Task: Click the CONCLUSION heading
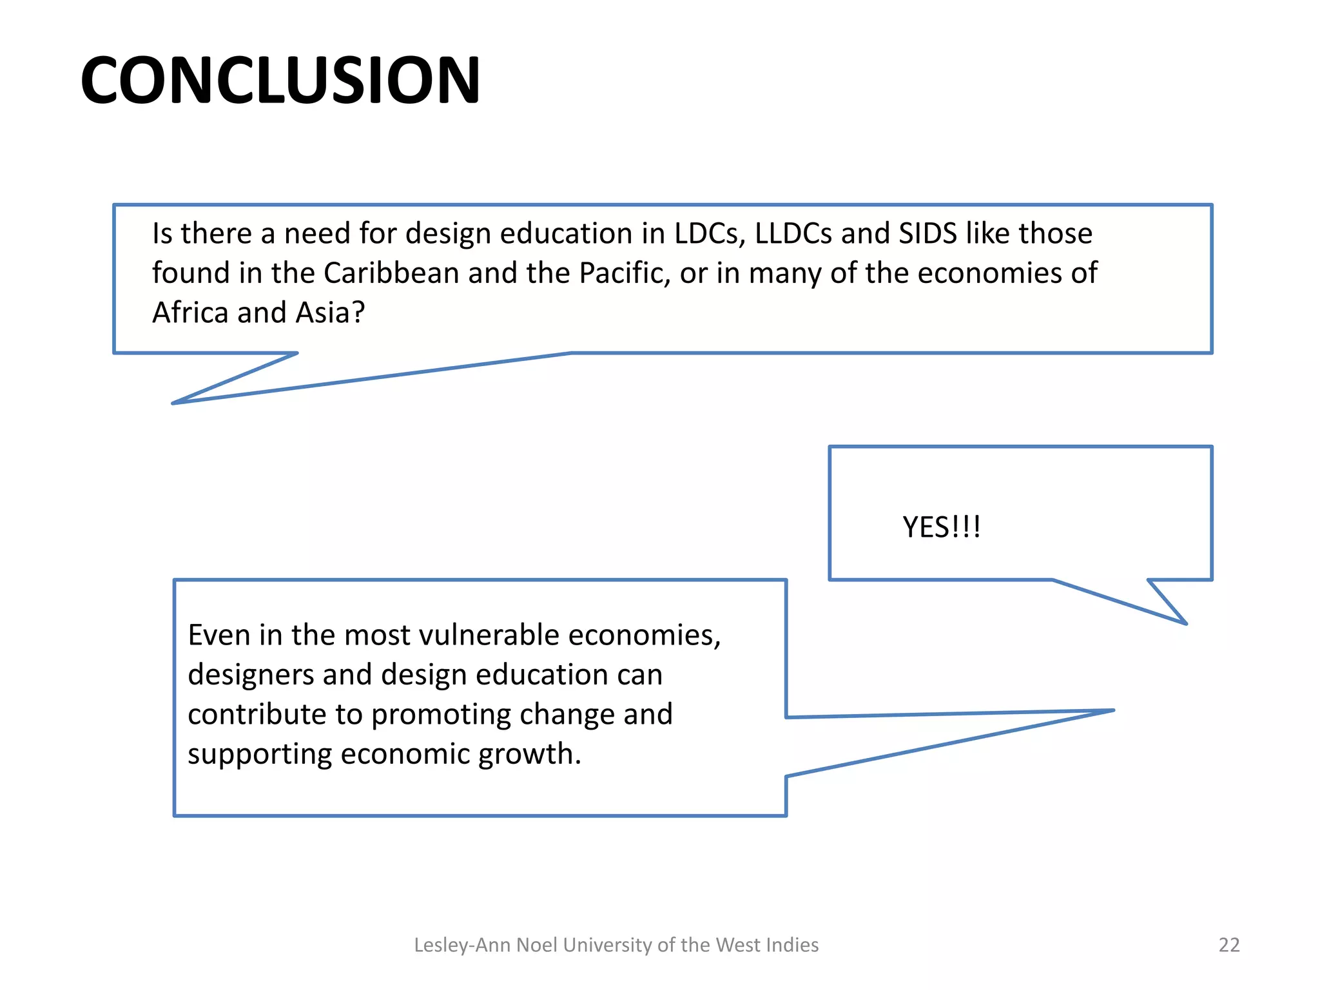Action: click(x=280, y=80)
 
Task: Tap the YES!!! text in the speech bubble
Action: click(x=941, y=527)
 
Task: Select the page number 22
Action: click(x=1228, y=945)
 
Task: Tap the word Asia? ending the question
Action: click(x=330, y=313)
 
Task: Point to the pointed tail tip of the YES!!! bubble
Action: click(x=1185, y=623)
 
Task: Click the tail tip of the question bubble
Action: click(x=173, y=403)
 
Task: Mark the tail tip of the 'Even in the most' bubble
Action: click(x=1112, y=711)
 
